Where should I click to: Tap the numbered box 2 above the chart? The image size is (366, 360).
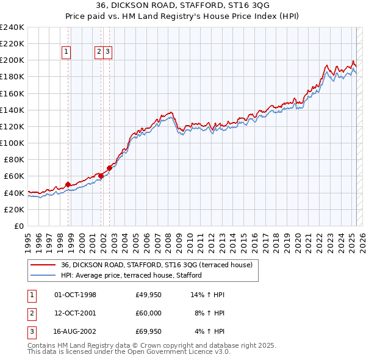tap(99, 52)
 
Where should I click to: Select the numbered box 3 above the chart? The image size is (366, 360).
tap(107, 52)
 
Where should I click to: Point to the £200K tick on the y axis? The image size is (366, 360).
tap(12, 60)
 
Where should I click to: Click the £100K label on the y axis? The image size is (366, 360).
tap(12, 143)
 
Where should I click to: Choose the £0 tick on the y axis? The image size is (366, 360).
tap(19, 226)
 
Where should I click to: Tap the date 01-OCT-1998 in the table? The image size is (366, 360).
tap(75, 295)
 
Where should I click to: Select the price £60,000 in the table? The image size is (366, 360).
tap(148, 313)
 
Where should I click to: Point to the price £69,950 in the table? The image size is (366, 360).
tap(148, 331)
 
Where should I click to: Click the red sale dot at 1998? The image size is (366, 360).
tap(68, 184)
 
